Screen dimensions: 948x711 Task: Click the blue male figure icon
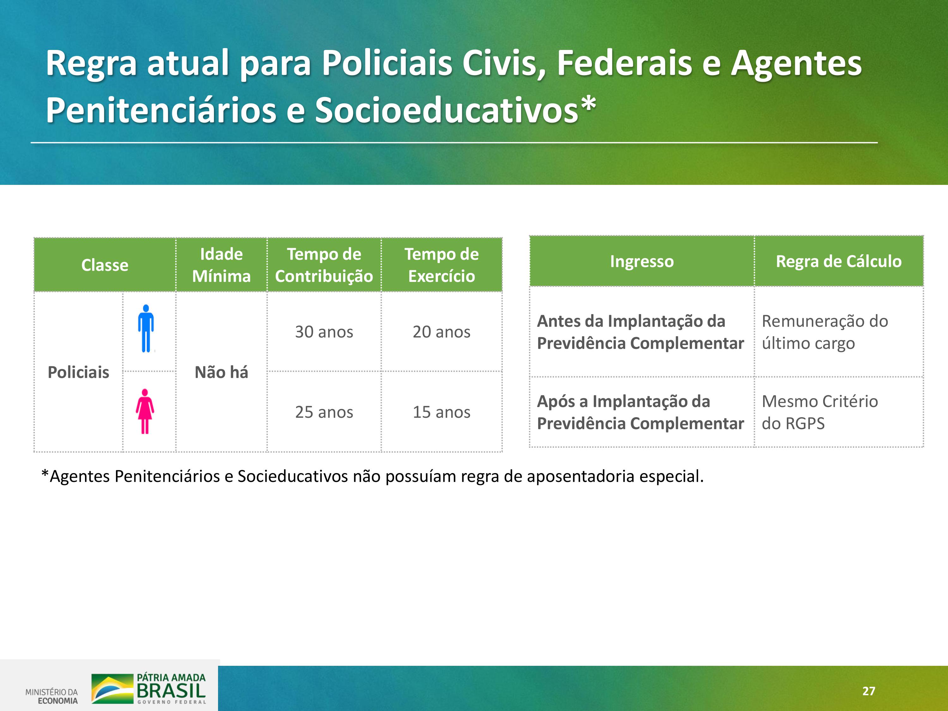coord(146,328)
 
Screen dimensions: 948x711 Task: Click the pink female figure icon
coord(145,411)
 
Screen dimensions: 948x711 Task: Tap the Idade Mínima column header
coord(221,265)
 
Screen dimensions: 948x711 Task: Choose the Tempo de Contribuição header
coord(324,265)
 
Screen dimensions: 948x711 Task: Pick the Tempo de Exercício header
coord(441,265)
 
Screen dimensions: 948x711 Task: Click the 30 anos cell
coord(324,332)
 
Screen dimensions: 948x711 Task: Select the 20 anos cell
coord(441,332)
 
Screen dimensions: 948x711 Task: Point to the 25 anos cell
coord(324,412)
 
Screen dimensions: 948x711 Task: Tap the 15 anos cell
coord(441,412)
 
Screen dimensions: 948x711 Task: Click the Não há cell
coord(221,372)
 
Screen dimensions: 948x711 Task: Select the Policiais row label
coord(78,372)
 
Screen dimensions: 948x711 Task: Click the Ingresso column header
coord(641,261)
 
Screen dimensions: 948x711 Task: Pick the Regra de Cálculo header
coord(839,261)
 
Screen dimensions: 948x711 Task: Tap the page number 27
coord(869,691)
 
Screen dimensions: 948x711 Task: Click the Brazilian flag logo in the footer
coord(112,689)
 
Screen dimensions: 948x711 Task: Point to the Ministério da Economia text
coord(52,696)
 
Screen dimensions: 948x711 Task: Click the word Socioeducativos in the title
coord(447,111)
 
